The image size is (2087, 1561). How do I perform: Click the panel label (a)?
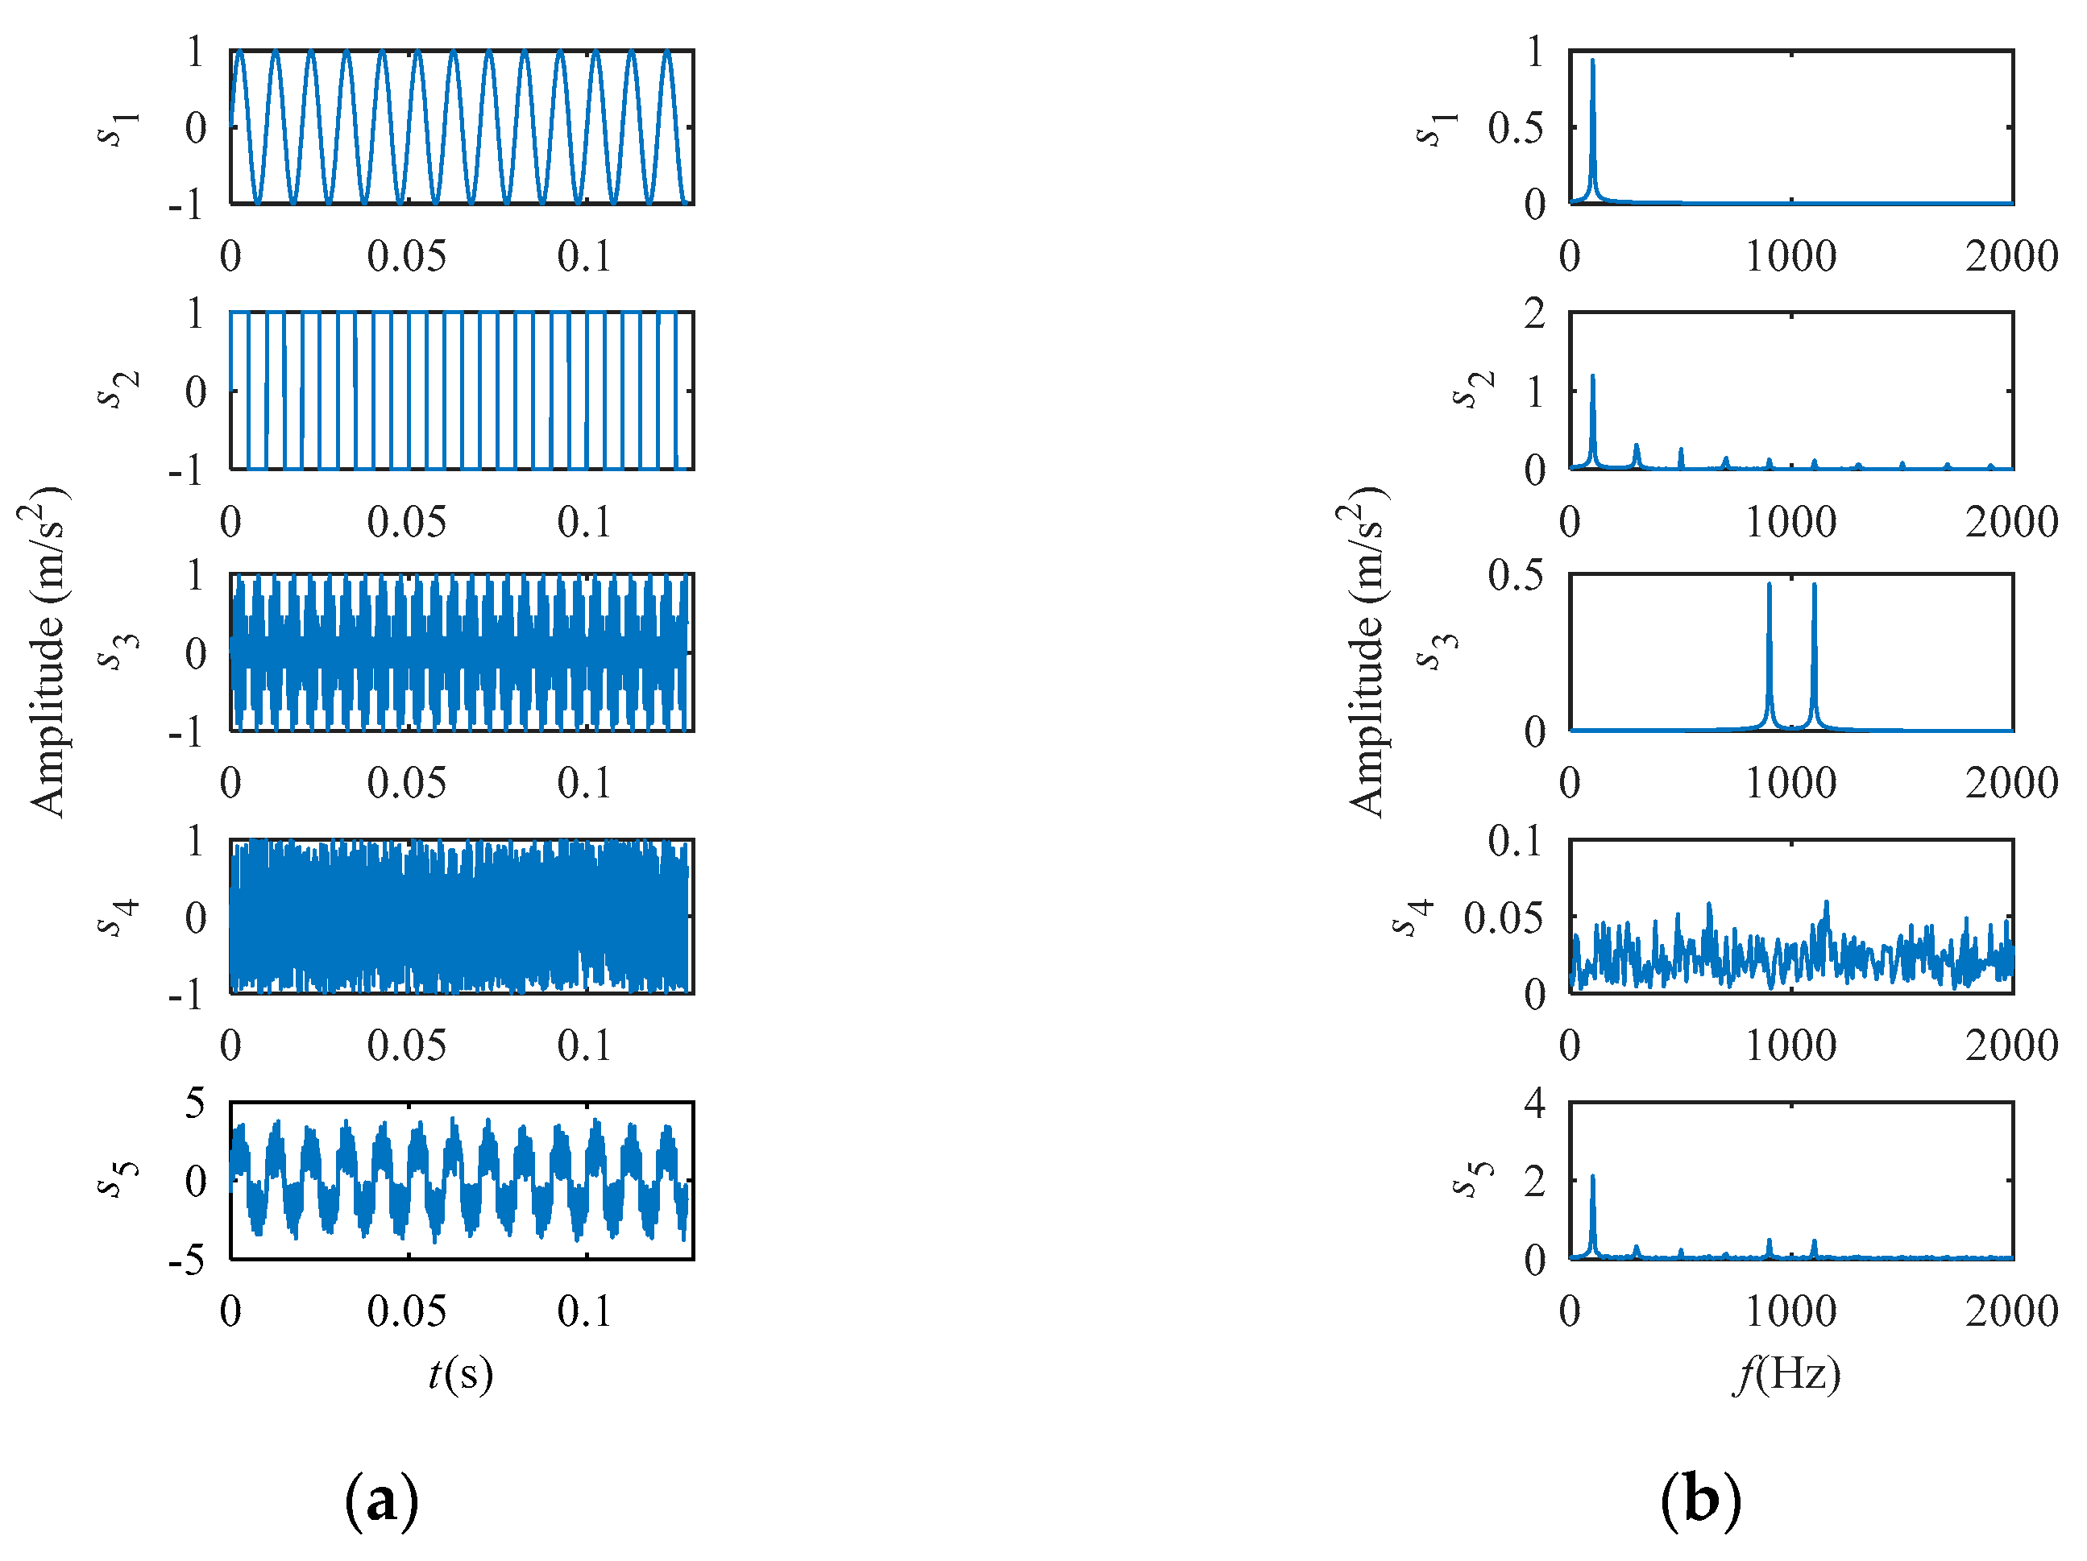coord(381,1499)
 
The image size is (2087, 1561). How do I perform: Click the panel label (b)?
coord(1700,1499)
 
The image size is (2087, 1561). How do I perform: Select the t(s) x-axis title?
coord(460,1374)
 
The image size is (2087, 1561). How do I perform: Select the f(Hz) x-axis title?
coord(1788,1374)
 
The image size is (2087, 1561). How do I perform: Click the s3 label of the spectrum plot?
coord(1438,652)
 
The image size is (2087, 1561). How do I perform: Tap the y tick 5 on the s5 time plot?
coord(194,1103)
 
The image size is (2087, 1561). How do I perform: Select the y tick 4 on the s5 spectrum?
coord(1534,1103)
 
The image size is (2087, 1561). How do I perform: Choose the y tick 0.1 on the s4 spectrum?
coord(1514,840)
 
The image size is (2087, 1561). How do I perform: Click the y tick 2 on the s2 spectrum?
coord(1534,313)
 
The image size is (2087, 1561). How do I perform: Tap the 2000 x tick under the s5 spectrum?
coord(2010,1311)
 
